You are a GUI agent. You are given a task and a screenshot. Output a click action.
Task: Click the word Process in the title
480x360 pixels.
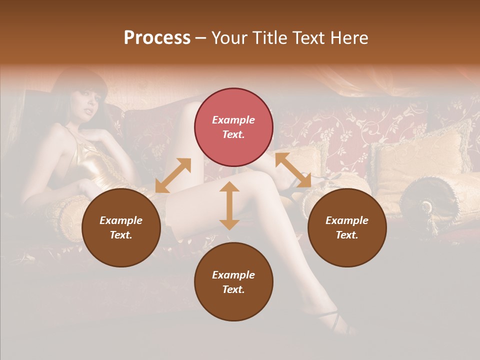tap(157, 38)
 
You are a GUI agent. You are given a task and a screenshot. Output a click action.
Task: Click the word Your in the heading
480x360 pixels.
tap(229, 38)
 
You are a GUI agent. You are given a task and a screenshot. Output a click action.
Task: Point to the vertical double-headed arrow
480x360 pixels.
tap(229, 205)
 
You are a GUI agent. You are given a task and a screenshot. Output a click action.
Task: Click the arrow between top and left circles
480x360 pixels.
tap(173, 175)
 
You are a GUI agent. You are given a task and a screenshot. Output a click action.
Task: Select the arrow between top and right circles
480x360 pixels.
tap(293, 170)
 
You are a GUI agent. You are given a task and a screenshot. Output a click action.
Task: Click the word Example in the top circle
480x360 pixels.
tap(233, 120)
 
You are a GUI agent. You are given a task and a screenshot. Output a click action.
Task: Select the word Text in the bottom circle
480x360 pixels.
tap(233, 289)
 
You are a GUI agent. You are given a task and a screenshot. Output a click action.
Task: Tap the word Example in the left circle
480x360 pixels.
tap(121, 220)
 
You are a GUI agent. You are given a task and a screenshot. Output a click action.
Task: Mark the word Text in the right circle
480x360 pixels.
tap(346, 235)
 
